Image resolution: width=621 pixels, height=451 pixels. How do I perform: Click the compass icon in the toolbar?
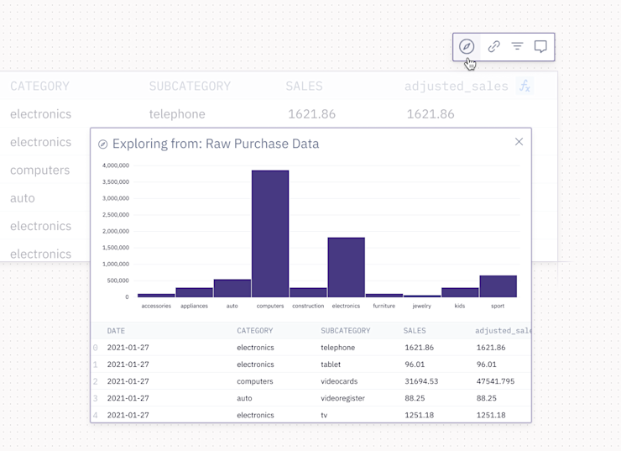(467, 47)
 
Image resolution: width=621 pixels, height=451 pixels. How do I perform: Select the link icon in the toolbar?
(493, 47)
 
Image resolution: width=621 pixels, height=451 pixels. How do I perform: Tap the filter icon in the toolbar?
(517, 47)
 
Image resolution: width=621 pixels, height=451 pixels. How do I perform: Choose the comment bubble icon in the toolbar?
(540, 47)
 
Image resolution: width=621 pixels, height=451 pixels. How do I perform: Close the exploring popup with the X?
(519, 142)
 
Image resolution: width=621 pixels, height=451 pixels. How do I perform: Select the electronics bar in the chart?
(346, 267)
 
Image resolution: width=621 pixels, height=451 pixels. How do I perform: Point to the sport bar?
(498, 286)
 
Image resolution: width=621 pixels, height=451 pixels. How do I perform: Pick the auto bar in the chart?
(232, 288)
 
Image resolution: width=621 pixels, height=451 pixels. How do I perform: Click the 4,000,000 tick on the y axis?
(115, 165)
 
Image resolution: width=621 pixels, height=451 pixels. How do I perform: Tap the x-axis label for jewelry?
(421, 307)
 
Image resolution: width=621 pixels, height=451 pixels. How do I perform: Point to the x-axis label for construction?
(308, 307)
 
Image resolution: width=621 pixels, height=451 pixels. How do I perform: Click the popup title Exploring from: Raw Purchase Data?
(216, 144)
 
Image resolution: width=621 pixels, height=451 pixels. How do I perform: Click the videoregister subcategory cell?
(342, 398)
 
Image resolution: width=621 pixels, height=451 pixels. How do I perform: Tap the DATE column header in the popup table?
(116, 331)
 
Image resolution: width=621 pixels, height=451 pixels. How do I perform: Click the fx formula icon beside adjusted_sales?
(524, 86)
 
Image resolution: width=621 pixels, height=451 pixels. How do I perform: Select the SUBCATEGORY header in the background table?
(190, 87)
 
